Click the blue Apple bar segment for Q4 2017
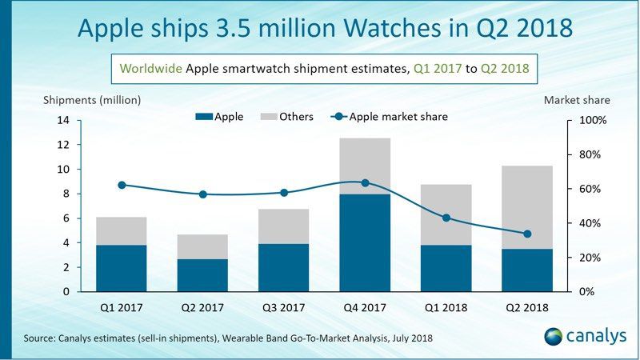click(365, 243)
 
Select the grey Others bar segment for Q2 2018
click(526, 207)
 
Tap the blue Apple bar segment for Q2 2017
click(202, 275)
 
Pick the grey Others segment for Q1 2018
click(446, 214)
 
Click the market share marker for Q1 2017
click(122, 185)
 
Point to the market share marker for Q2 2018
click(526, 234)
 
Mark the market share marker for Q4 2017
click(365, 182)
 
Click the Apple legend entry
click(219, 117)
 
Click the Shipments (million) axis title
click(92, 100)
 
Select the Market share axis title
click(577, 100)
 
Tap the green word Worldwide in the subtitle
click(151, 69)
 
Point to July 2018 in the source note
click(407, 338)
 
